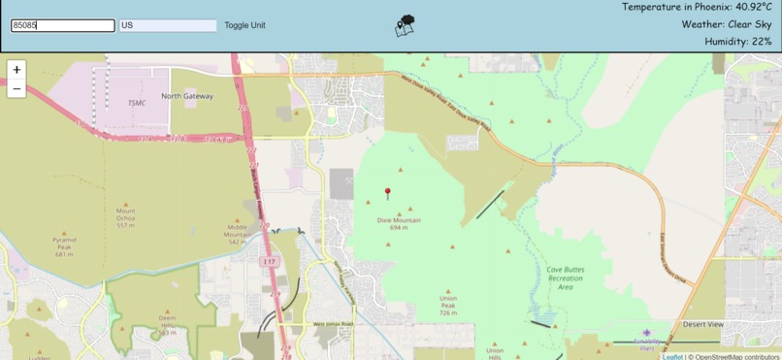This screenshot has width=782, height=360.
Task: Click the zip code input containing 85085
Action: (62, 25)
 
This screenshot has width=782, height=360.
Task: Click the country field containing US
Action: (168, 25)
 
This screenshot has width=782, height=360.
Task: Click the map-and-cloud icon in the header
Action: (406, 26)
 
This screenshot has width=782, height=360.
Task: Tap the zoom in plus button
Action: (16, 70)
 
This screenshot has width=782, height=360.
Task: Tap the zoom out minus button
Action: (16, 89)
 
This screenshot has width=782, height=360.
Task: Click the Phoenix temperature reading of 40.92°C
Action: (697, 7)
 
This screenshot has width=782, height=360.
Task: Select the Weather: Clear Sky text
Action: (726, 24)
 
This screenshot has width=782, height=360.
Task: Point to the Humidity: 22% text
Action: (738, 42)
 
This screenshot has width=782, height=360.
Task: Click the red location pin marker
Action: (387, 193)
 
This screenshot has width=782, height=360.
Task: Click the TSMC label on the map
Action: (137, 102)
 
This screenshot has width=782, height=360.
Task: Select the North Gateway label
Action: (187, 96)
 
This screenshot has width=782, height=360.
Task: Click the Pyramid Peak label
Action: (64, 246)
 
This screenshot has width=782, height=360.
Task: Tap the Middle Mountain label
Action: (238, 234)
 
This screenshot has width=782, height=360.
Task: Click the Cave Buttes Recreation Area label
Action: (566, 278)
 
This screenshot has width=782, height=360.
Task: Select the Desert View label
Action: (702, 324)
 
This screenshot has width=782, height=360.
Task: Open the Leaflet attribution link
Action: (672, 356)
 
